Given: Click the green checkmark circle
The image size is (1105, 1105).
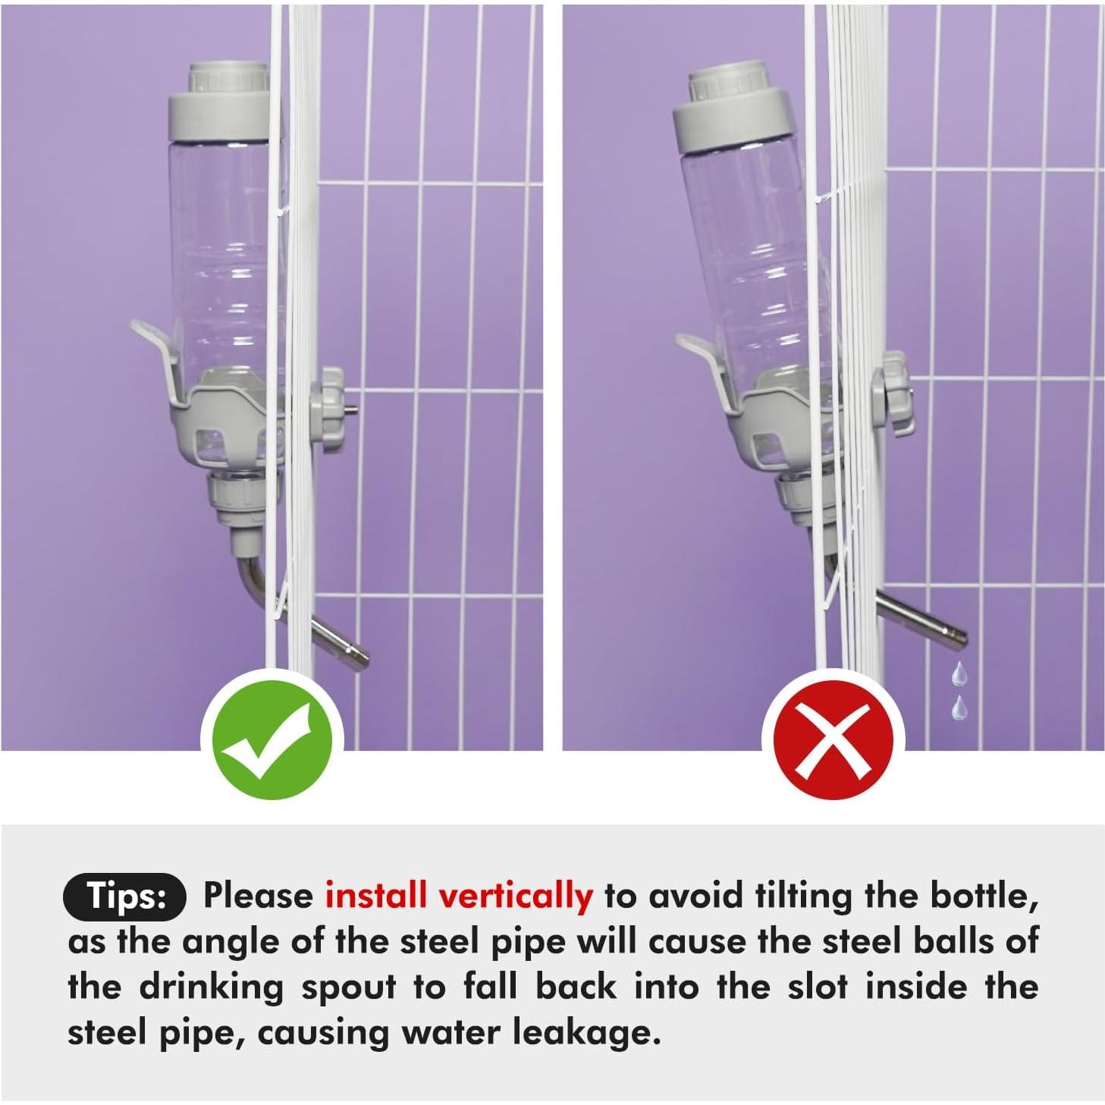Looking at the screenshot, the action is (x=272, y=740).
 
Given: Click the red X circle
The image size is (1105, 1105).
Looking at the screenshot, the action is (x=833, y=740).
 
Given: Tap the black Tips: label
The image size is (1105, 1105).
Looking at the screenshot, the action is (x=124, y=896).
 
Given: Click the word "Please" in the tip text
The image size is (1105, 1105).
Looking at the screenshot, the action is (x=258, y=896).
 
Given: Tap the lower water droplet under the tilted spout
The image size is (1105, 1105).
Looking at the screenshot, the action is (x=956, y=708).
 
